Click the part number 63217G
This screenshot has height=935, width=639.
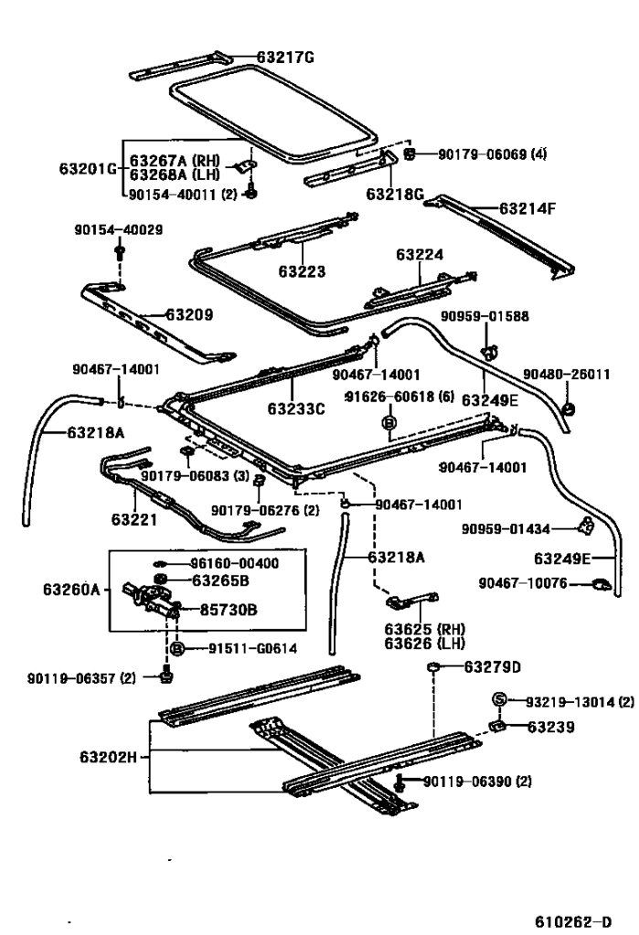click(x=285, y=58)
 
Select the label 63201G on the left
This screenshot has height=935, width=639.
click(x=88, y=169)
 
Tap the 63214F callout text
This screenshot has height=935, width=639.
click(x=527, y=208)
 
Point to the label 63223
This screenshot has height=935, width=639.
click(x=303, y=271)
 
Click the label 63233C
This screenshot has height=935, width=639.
click(x=296, y=409)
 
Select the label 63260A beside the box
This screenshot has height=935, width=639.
click(x=72, y=590)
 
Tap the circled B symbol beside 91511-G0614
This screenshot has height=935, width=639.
click(x=179, y=649)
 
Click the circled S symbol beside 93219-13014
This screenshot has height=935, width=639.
click(x=500, y=701)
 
